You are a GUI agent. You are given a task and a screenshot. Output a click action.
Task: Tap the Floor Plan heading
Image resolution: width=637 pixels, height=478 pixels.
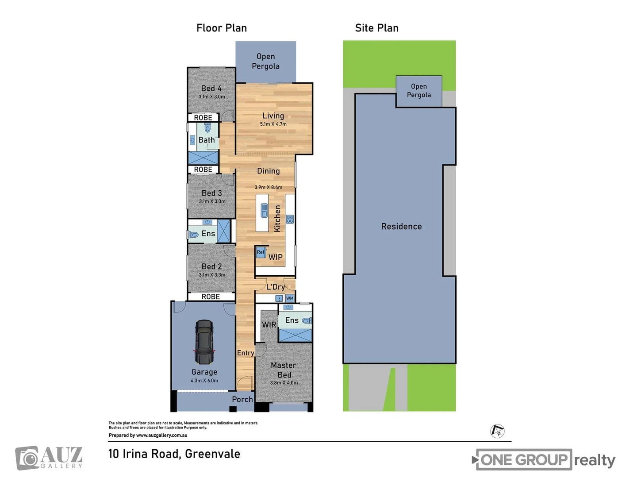222,28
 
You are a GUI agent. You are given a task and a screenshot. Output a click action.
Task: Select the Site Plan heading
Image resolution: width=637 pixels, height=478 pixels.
376,28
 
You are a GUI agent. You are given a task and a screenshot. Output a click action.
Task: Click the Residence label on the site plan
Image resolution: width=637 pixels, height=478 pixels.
401,227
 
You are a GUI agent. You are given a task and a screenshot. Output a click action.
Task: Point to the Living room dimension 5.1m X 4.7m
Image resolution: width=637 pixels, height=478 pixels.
273,124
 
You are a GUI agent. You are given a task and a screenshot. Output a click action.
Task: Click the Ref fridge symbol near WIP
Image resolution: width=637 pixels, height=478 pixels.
261,252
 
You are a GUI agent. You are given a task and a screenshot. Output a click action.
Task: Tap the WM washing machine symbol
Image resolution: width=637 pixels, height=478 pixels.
290,298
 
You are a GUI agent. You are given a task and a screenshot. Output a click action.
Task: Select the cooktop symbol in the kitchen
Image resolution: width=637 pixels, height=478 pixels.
290,219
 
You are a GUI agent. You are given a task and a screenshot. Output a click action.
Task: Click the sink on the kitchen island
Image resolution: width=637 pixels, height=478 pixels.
264,210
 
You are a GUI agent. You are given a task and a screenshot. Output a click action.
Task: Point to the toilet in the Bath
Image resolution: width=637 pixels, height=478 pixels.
207,128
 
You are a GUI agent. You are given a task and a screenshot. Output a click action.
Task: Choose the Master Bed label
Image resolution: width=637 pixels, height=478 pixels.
284,370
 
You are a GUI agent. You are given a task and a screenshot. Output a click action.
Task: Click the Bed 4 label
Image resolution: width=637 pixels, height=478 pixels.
211,89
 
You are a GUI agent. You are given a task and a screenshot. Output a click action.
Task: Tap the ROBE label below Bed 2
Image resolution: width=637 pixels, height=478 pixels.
211,297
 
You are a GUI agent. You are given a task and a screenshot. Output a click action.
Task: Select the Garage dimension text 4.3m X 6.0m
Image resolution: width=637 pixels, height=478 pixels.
204,381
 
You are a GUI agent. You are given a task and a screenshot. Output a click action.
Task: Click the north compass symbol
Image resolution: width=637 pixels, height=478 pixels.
498,431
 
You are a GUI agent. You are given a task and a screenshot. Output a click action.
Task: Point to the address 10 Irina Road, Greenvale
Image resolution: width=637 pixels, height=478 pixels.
174,454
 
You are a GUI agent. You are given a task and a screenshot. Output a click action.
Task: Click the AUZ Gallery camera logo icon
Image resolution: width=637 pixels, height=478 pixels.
28,458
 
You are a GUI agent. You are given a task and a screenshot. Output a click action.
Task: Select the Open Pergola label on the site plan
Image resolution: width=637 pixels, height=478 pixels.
418,91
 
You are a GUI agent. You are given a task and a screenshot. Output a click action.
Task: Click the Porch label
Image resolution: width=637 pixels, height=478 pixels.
242,399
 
